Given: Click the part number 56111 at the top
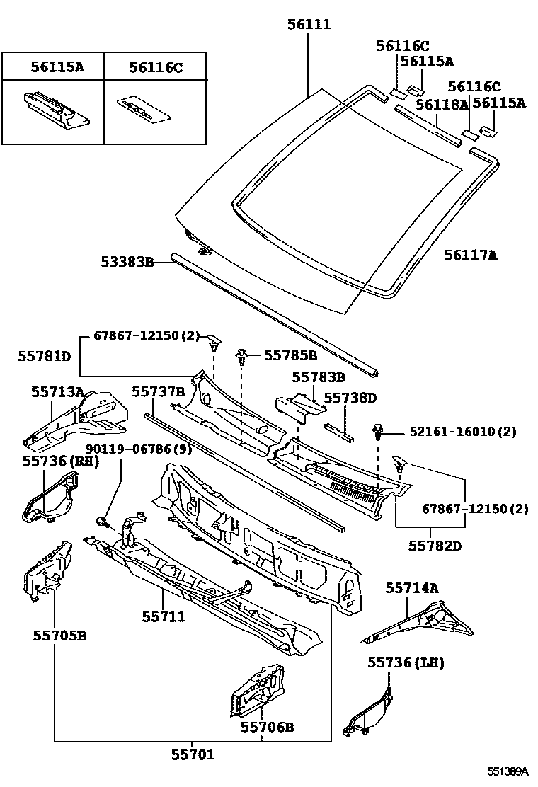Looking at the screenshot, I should [x=309, y=25].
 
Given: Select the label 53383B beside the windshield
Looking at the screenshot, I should [x=126, y=262].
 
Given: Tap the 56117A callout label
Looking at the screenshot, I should [x=470, y=254].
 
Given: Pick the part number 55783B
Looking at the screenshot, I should [x=318, y=378].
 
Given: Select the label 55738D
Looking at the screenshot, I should [x=350, y=398].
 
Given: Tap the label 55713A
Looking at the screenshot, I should [x=57, y=391].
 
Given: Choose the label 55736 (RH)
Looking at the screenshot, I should [x=60, y=461].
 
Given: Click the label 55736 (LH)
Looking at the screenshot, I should [x=406, y=662].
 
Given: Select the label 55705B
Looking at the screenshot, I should [x=59, y=636].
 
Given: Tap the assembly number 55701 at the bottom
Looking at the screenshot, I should [x=193, y=754].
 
